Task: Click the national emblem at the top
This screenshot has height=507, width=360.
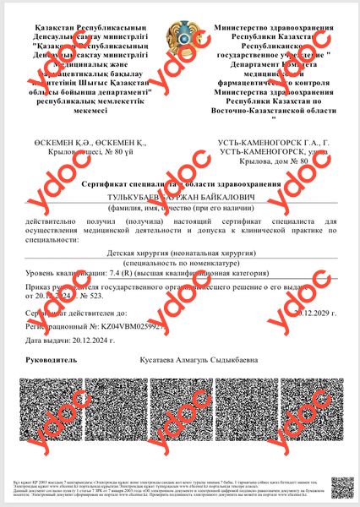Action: point(180,36)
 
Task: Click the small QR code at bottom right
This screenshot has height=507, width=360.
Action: point(341,487)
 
